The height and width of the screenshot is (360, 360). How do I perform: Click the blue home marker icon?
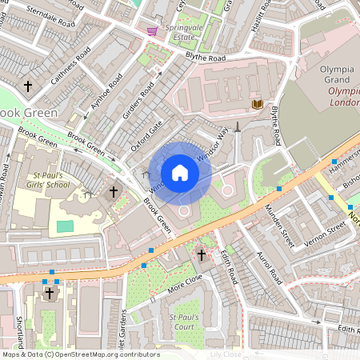click(180, 174)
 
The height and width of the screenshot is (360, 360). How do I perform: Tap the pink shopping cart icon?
click(152, 31)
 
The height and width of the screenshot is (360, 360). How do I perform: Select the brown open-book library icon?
click(257, 105)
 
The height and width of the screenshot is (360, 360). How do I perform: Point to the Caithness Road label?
click(70, 65)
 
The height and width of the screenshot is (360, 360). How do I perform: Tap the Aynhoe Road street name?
click(107, 94)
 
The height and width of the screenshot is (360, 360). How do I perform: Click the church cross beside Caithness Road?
click(28, 86)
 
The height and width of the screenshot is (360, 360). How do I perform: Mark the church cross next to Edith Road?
click(201, 255)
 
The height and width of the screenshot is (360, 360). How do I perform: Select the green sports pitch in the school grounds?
click(66, 226)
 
